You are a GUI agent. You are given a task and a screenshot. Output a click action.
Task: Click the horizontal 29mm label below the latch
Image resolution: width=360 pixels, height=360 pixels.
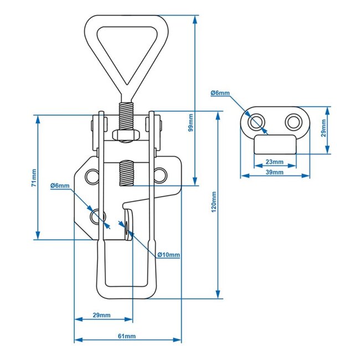(101, 315)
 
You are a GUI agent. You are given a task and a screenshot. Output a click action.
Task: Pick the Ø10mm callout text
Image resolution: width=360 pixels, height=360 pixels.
(168, 254)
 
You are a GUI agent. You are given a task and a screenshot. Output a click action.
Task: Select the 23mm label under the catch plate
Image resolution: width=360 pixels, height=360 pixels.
(274, 162)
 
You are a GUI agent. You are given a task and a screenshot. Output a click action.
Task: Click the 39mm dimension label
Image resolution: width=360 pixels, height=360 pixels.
(274, 172)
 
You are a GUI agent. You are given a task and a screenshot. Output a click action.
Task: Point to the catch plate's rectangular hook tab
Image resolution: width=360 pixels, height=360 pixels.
(275, 144)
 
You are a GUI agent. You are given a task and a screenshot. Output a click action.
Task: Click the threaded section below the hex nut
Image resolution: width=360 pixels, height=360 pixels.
(126, 173)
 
